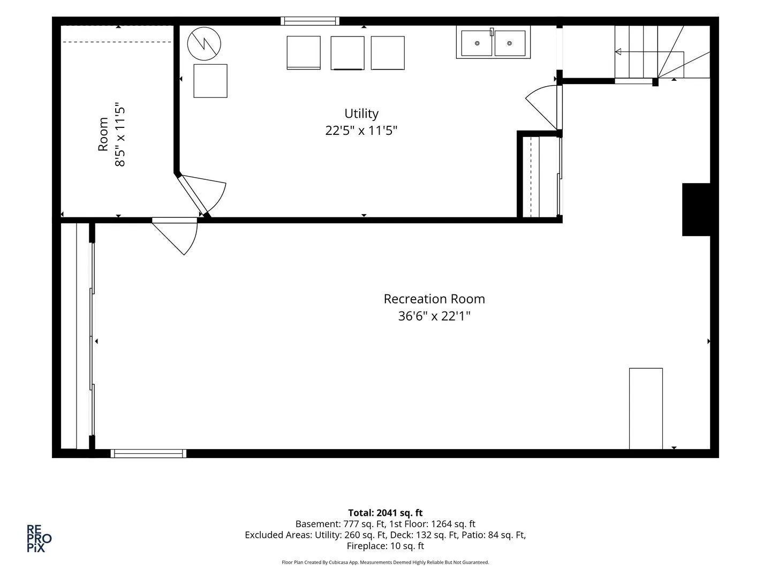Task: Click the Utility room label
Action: pyautogui.click(x=361, y=113)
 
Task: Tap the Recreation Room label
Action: pyautogui.click(x=434, y=299)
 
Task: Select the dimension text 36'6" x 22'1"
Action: pyautogui.click(x=434, y=316)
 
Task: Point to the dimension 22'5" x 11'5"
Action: pyautogui.click(x=361, y=131)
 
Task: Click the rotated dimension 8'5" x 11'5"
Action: pyautogui.click(x=120, y=134)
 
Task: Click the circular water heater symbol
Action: pyautogui.click(x=204, y=44)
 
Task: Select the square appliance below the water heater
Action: pyautogui.click(x=210, y=81)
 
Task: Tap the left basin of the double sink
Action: pyautogui.click(x=477, y=43)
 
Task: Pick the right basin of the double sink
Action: pyautogui.click(x=510, y=43)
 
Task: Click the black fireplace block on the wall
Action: pyautogui.click(x=696, y=209)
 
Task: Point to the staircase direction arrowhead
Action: pyautogui.click(x=618, y=52)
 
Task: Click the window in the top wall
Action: pyautogui.click(x=310, y=21)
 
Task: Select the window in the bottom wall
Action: pyautogui.click(x=149, y=453)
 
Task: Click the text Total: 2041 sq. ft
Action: pyautogui.click(x=385, y=513)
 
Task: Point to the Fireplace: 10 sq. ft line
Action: pyautogui.click(x=385, y=546)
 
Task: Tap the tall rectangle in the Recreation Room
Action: pyautogui.click(x=646, y=409)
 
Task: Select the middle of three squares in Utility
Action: pyautogui.click(x=347, y=53)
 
